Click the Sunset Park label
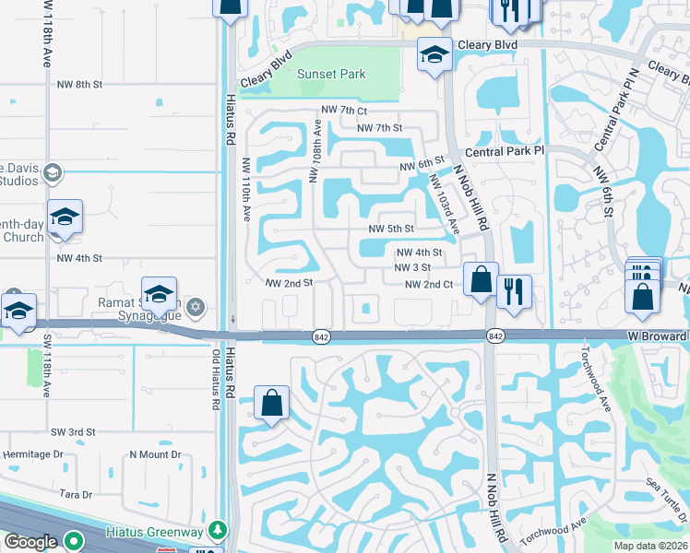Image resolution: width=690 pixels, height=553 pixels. [x=330, y=75]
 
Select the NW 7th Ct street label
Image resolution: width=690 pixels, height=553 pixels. [x=340, y=111]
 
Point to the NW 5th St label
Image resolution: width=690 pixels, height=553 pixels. [x=391, y=229]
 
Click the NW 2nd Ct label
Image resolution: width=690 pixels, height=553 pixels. [x=429, y=285]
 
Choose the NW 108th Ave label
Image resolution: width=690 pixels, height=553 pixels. [x=315, y=151]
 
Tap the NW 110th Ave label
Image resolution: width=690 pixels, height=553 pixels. [x=246, y=188]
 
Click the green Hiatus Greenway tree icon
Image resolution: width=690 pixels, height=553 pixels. [x=217, y=530]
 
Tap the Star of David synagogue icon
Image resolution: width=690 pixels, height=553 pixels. [x=195, y=306]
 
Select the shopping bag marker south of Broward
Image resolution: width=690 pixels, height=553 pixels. [x=271, y=403]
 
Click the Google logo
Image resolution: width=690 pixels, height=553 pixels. [x=30, y=542]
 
